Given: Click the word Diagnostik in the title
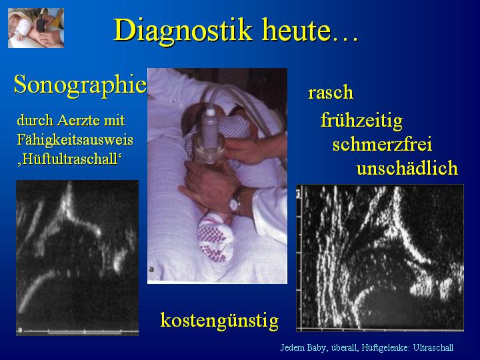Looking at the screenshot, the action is tap(183, 31).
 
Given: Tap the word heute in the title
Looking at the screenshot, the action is tap(296, 31).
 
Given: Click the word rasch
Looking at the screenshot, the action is tap(331, 92).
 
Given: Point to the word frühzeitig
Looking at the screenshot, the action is tap(361, 120).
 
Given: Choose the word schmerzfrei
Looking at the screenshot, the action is tap(382, 144).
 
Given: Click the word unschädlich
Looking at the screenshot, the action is tap(407, 168).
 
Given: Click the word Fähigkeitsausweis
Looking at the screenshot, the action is tap(75, 140).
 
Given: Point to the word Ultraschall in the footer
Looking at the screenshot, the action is tap(433, 348).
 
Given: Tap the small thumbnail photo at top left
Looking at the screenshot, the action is tap(36, 28).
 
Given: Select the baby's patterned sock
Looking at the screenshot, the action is tap(216, 237).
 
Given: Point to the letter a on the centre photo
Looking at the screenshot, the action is tap(152, 269).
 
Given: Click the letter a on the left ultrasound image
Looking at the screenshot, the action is tap(20, 330).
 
